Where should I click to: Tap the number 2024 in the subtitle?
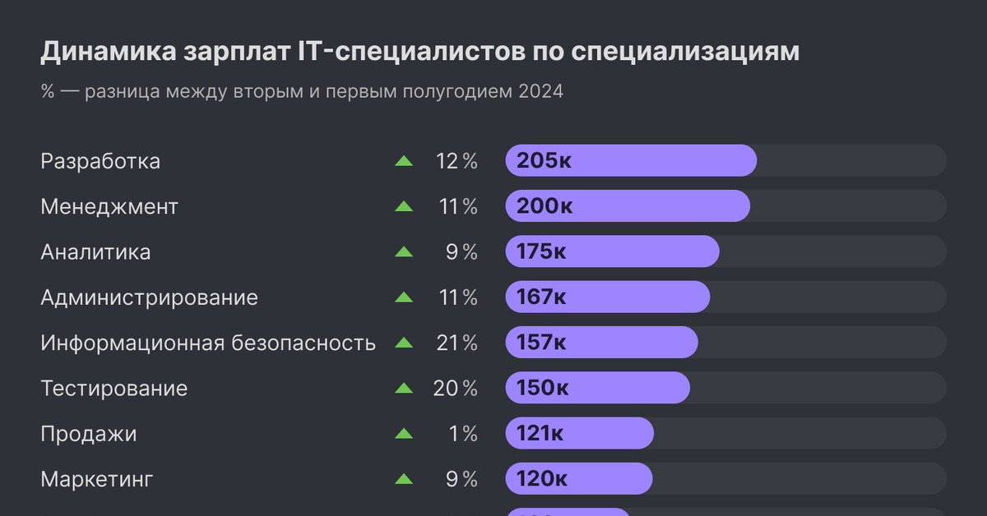coord(540,91)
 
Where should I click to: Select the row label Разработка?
coord(100,162)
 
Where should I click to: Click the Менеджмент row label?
coord(109,207)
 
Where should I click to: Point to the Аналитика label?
coord(95,252)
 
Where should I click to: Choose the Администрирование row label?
coord(149,297)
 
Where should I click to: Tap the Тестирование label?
coord(114,388)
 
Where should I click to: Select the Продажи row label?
coord(89,433)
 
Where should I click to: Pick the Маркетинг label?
coord(97,478)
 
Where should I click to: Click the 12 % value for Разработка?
coord(456,162)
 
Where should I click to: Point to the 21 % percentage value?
coord(456,343)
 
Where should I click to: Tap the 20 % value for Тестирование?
coord(455,388)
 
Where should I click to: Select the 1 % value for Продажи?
coord(463,433)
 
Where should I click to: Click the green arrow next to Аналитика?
coord(404,252)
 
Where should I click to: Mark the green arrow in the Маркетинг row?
coord(404,478)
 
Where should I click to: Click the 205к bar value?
coord(544,161)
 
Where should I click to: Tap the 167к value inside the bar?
coord(541,297)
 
